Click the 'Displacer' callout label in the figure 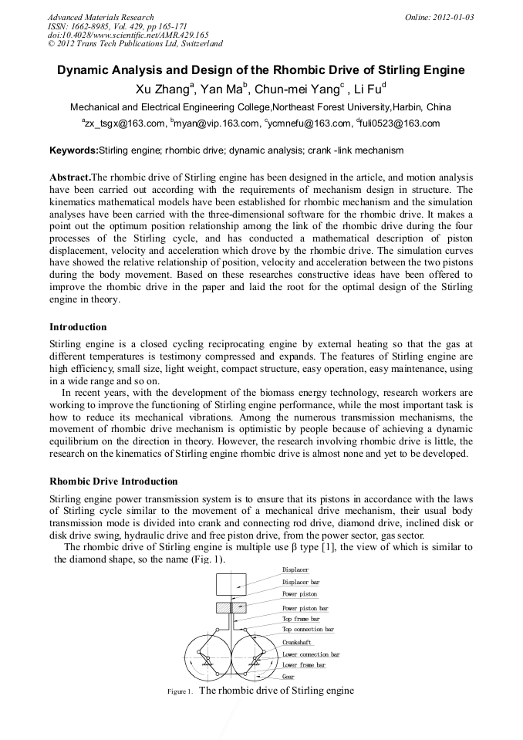point(295,569)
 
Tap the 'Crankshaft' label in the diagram point(297,642)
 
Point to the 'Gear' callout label point(288,677)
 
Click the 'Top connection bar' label point(308,630)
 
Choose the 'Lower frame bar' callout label point(303,665)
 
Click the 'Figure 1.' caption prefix point(180,692)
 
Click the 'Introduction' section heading point(78,327)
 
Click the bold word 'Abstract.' point(70,177)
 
